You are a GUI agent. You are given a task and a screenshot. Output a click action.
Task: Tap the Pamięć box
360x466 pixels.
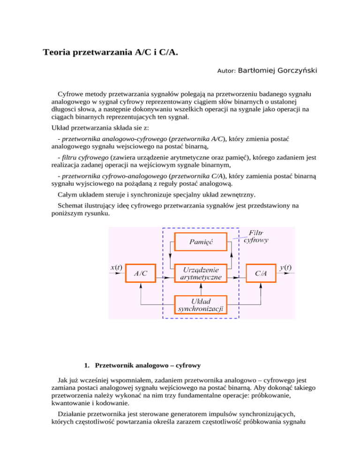(201, 241)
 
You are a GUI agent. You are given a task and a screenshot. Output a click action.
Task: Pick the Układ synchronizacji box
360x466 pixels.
(201, 305)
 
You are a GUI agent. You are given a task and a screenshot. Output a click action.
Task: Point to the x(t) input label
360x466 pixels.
(116, 268)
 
